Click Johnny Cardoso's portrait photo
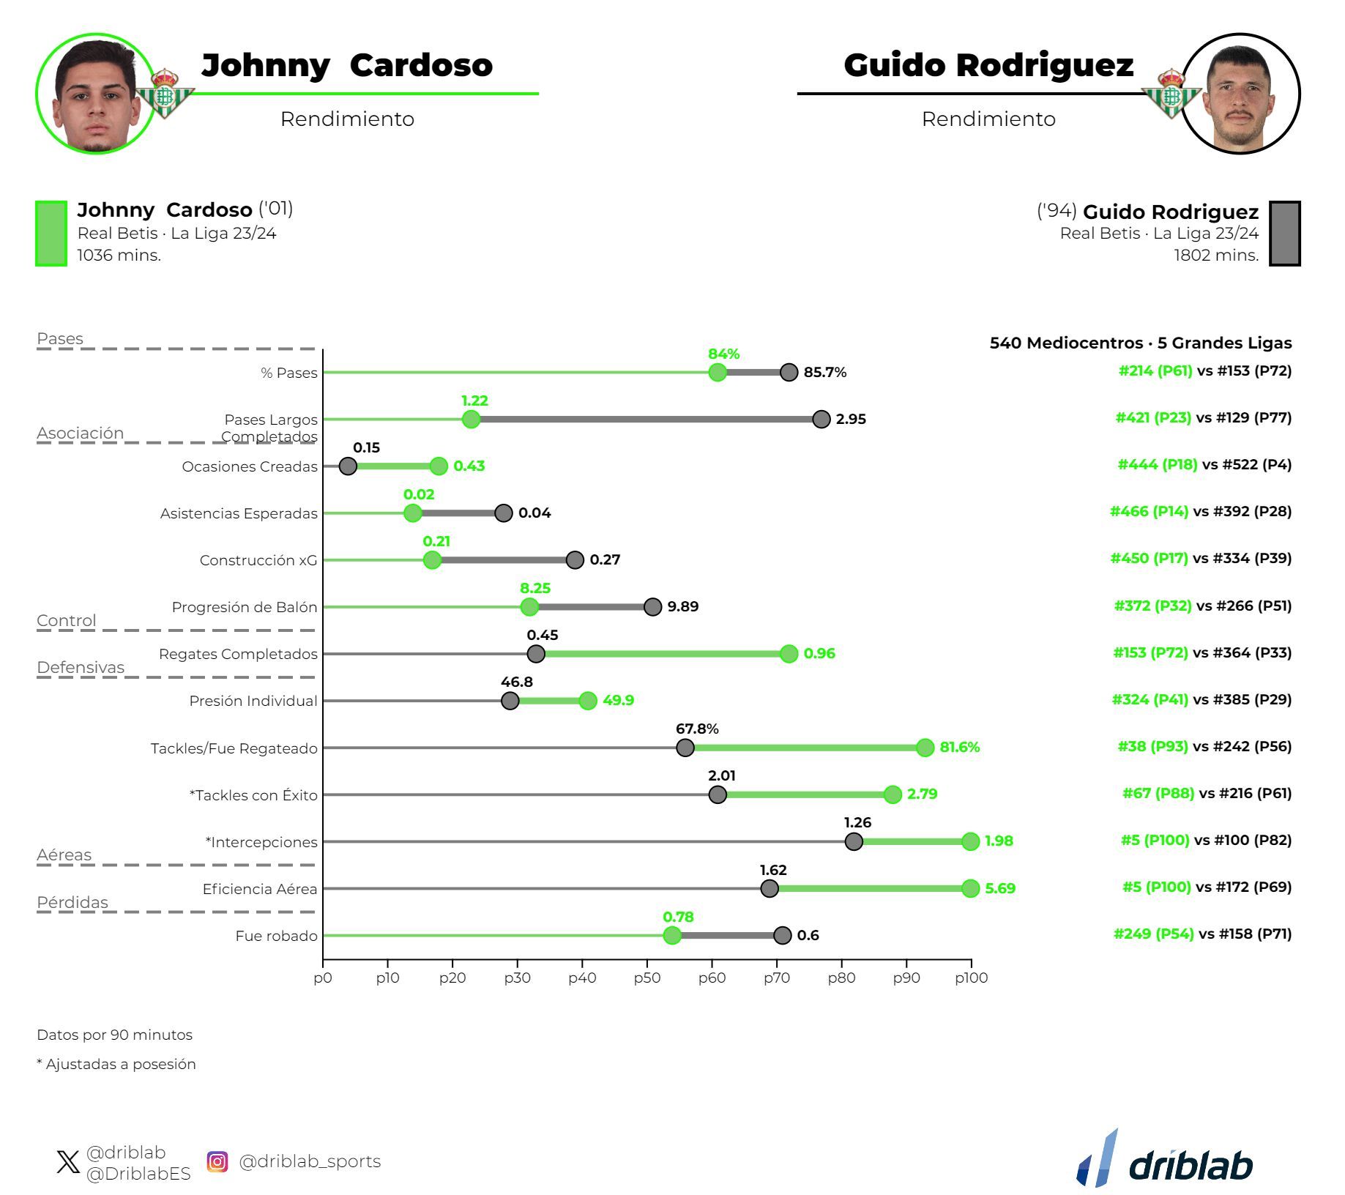coord(95,94)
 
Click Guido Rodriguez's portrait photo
coord(1241,94)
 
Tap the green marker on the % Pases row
coord(718,372)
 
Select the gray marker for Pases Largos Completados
coord(821,419)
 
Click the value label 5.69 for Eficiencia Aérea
coord(1000,888)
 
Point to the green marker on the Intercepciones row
coord(970,841)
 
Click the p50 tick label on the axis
coord(647,978)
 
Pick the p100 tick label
coord(972,978)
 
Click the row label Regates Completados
coord(238,654)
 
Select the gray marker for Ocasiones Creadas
coord(348,466)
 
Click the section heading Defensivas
coord(81,667)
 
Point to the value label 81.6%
coord(960,747)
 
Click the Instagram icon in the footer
coord(217,1161)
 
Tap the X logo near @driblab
coord(68,1162)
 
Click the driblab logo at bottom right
coord(1166,1161)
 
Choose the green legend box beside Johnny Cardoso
coord(51,234)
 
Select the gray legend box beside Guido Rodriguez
coord(1284,234)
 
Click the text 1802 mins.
coord(1216,256)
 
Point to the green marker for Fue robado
coord(672,935)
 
